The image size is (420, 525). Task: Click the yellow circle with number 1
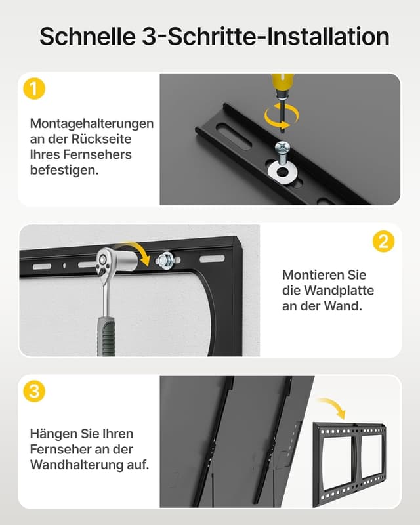click(34, 89)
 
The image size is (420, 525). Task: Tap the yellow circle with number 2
click(383, 241)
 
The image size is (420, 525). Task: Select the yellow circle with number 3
click(34, 392)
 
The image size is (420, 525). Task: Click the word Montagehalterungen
click(92, 123)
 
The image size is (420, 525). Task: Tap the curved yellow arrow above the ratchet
click(140, 249)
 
